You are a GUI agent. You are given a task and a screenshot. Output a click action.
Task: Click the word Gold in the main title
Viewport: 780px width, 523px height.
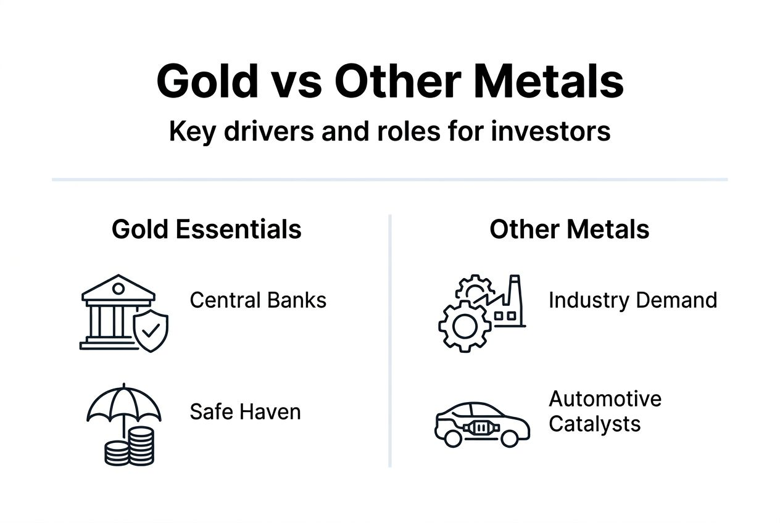207,81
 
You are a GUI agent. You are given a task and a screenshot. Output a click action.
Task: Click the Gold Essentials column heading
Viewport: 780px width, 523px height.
207,229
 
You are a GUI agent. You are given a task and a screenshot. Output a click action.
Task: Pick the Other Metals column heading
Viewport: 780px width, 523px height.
569,229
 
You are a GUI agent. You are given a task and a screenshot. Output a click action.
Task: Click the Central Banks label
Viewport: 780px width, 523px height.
258,300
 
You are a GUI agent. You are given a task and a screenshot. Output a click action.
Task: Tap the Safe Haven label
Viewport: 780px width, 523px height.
245,411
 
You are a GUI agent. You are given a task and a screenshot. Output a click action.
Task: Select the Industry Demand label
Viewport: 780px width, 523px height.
633,300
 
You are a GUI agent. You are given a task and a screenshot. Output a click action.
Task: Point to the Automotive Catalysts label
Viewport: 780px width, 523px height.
605,411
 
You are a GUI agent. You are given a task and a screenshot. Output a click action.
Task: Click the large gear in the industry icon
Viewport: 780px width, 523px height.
465,326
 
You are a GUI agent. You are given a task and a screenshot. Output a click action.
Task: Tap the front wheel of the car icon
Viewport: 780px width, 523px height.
453,438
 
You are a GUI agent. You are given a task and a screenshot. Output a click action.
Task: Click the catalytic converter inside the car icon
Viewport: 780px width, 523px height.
481,426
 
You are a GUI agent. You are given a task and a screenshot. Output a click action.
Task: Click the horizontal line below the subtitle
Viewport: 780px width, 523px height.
390,179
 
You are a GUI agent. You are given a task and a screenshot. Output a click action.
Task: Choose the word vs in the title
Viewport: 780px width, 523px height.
296,81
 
